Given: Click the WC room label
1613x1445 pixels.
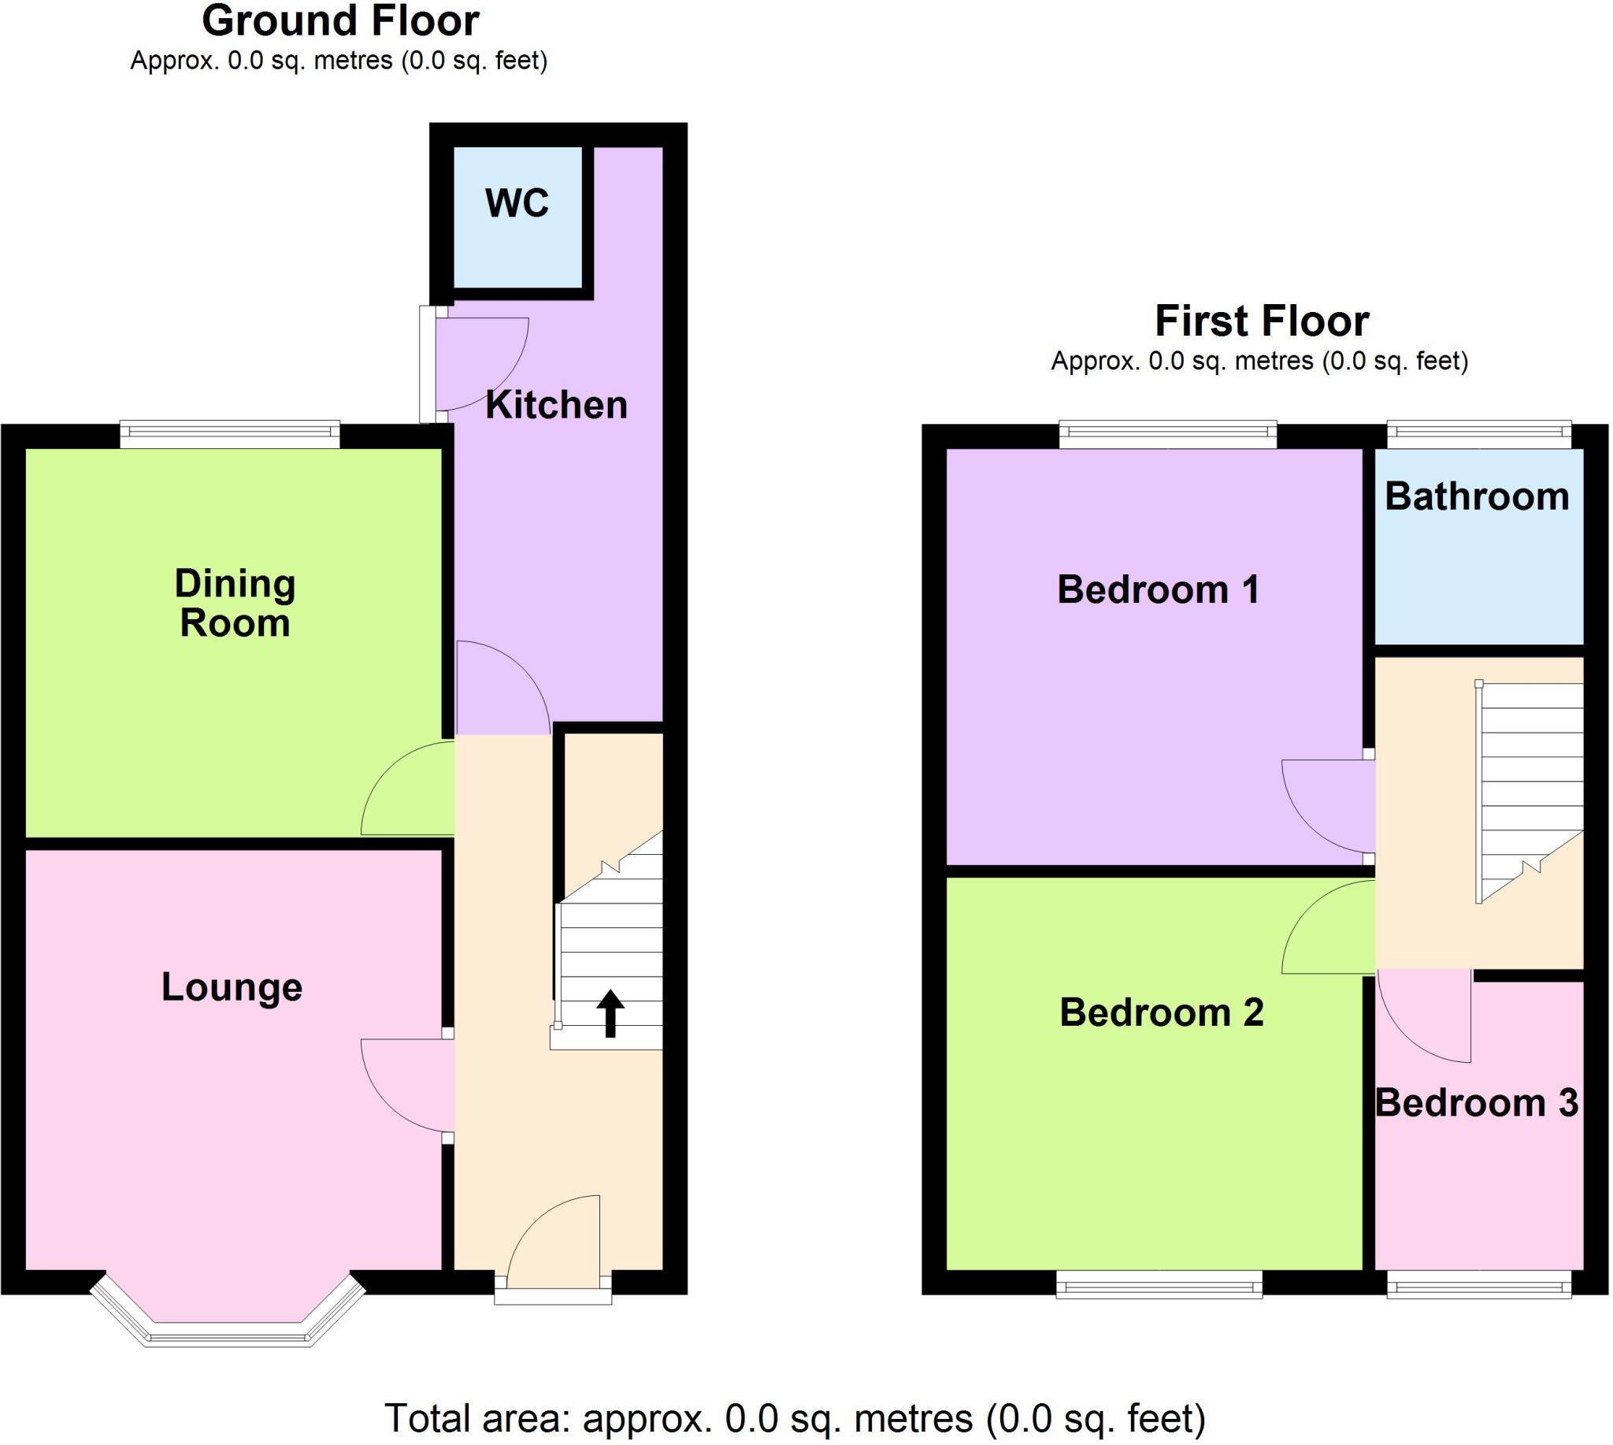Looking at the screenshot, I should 517,203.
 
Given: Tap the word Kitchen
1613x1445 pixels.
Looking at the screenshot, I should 556,406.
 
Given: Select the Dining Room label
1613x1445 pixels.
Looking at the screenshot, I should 235,604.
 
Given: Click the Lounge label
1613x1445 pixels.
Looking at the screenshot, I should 232,988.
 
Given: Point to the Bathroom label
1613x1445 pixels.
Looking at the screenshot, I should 1478,497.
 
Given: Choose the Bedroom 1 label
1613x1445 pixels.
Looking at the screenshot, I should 1158,590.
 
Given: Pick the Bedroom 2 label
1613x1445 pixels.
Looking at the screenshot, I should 1162,1012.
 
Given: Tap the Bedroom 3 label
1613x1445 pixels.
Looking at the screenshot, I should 1477,1104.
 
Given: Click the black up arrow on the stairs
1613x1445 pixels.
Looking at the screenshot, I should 610,1014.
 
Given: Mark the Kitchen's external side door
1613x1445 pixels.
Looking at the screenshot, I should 429,365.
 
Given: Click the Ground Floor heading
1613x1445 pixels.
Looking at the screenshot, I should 339,21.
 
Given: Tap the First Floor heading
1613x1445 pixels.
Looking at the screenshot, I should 1262,321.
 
